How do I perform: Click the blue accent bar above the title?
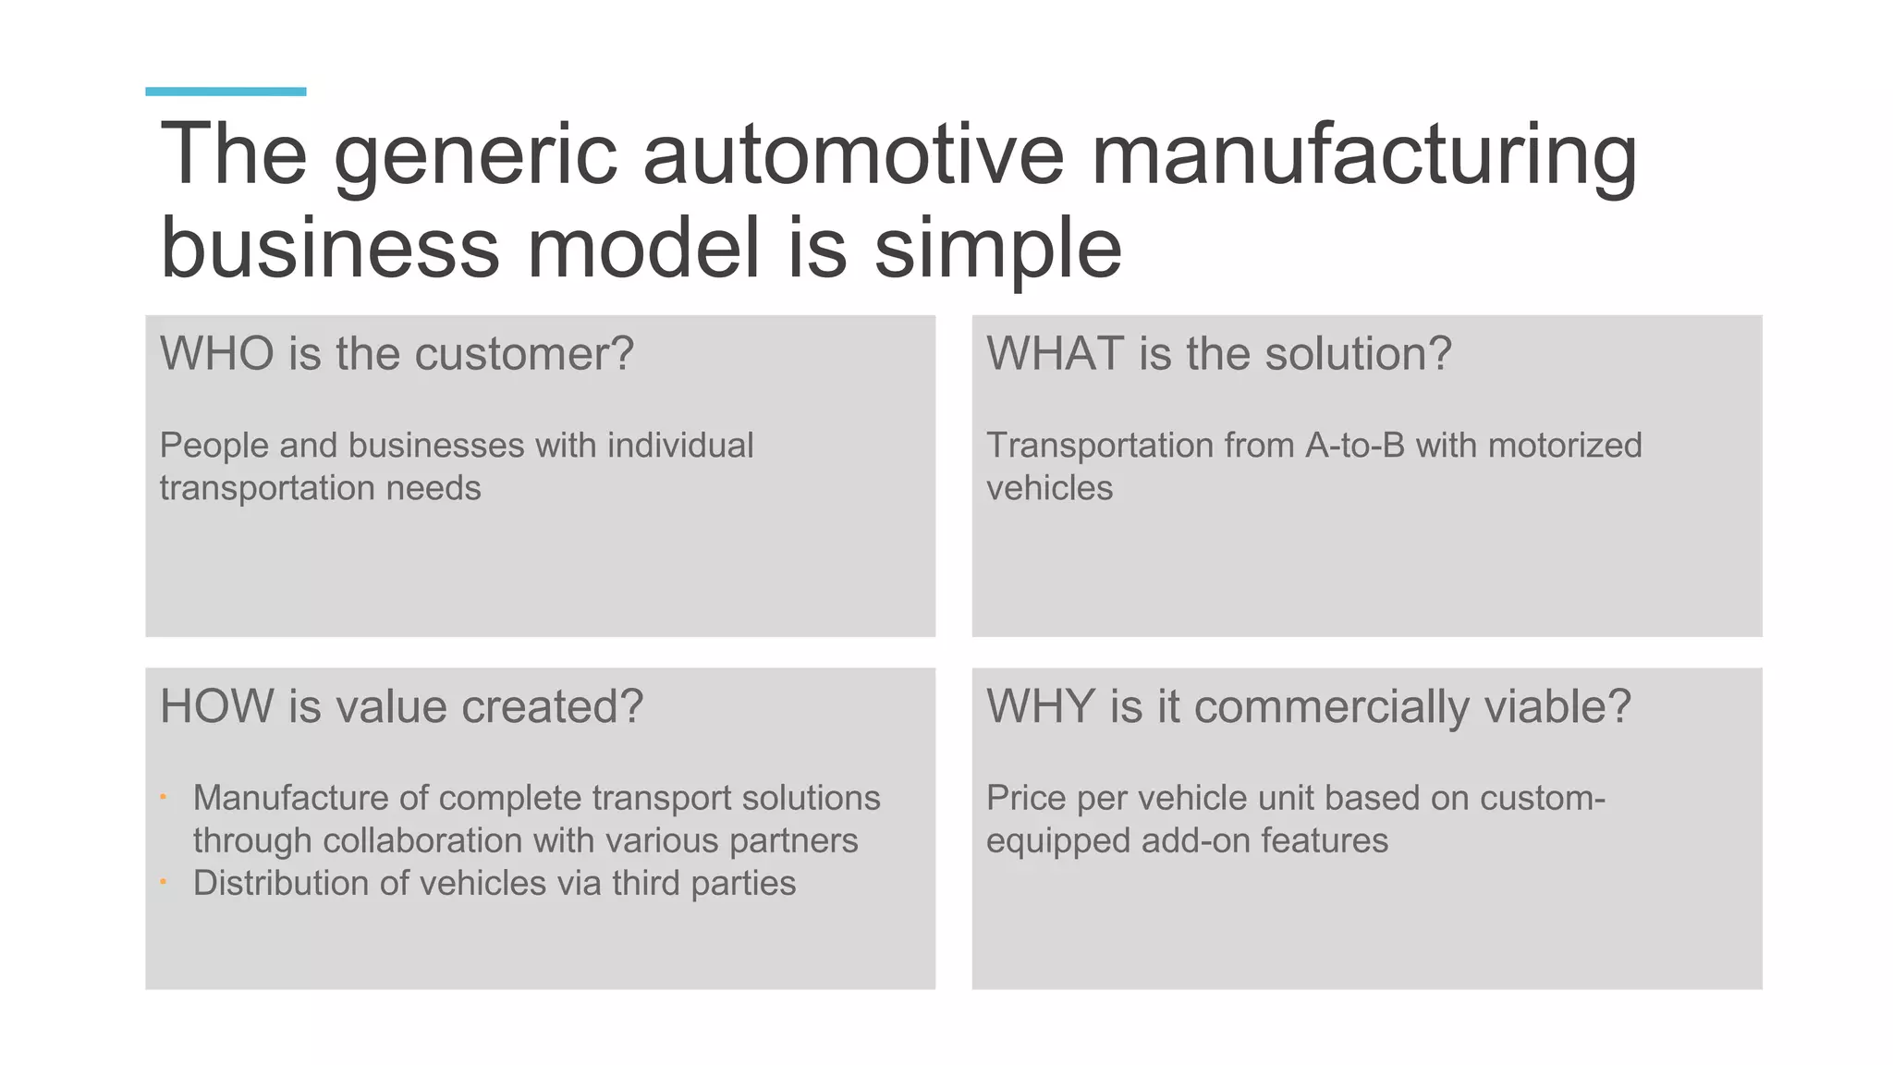[226, 92]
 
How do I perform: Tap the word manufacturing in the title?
[1363, 153]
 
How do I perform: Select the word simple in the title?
[997, 248]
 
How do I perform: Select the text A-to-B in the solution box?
[1354, 446]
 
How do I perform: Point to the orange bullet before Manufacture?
[163, 797]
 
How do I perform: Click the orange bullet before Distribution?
[163, 882]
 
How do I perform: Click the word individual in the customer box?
[680, 446]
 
